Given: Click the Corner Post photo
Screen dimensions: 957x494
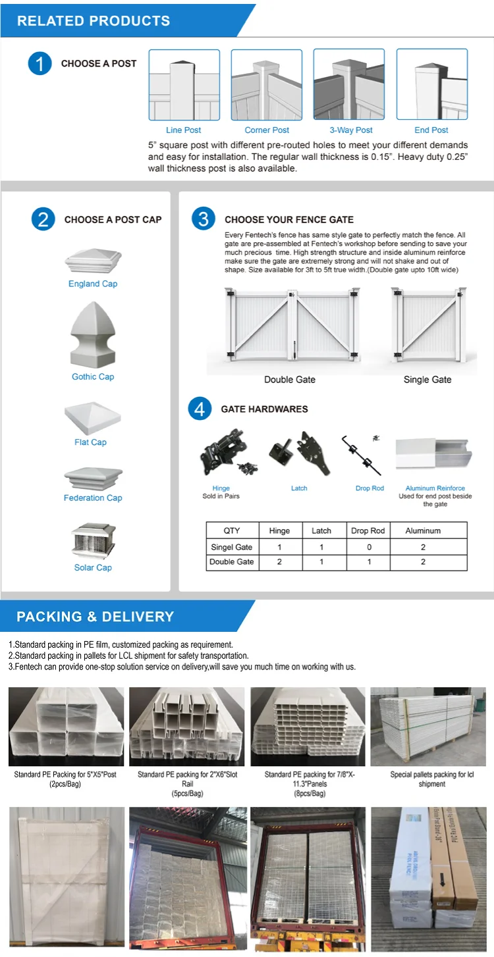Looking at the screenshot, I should tap(266, 84).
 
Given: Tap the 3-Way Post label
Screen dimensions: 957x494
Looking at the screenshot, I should tap(351, 130).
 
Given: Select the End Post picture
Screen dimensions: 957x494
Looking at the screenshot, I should tap(431, 84).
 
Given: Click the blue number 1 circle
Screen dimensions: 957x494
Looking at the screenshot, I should tap(40, 64).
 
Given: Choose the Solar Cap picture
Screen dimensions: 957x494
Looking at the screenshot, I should tap(93, 540).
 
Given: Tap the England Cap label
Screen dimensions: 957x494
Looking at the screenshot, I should tap(93, 284).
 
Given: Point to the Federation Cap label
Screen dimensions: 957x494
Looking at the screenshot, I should tap(93, 498).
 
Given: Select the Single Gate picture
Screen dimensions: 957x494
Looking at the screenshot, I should tap(427, 325).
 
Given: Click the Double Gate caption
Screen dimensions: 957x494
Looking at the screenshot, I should tap(290, 380).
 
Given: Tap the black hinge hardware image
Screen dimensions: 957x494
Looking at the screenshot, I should tap(223, 453).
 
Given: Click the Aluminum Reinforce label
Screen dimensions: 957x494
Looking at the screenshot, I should tap(435, 488).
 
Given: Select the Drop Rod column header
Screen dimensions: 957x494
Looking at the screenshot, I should tap(368, 530).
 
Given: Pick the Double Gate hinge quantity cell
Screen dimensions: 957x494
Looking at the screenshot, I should tap(279, 562).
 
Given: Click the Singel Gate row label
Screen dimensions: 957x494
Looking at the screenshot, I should tap(232, 547).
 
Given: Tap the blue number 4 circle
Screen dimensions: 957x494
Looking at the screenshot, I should tap(200, 409).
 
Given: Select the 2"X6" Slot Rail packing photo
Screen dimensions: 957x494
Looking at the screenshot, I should tap(187, 727).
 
